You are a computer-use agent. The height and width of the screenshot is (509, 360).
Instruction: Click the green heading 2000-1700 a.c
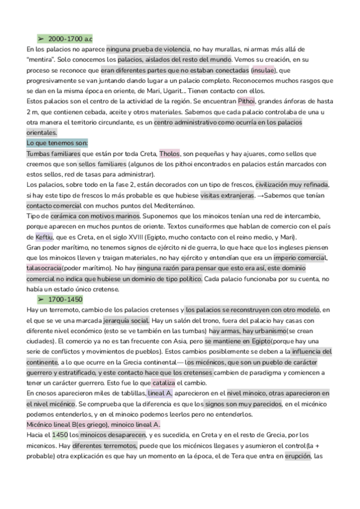(71, 38)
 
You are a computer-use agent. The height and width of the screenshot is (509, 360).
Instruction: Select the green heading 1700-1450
(67, 299)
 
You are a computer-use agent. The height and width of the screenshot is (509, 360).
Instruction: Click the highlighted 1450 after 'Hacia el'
(60, 434)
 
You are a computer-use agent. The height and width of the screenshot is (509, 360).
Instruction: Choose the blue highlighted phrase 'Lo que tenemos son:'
(58, 143)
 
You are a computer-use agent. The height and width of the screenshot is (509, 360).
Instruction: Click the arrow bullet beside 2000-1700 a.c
(41, 38)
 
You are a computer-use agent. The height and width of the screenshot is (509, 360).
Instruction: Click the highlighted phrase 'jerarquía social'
(126, 320)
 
